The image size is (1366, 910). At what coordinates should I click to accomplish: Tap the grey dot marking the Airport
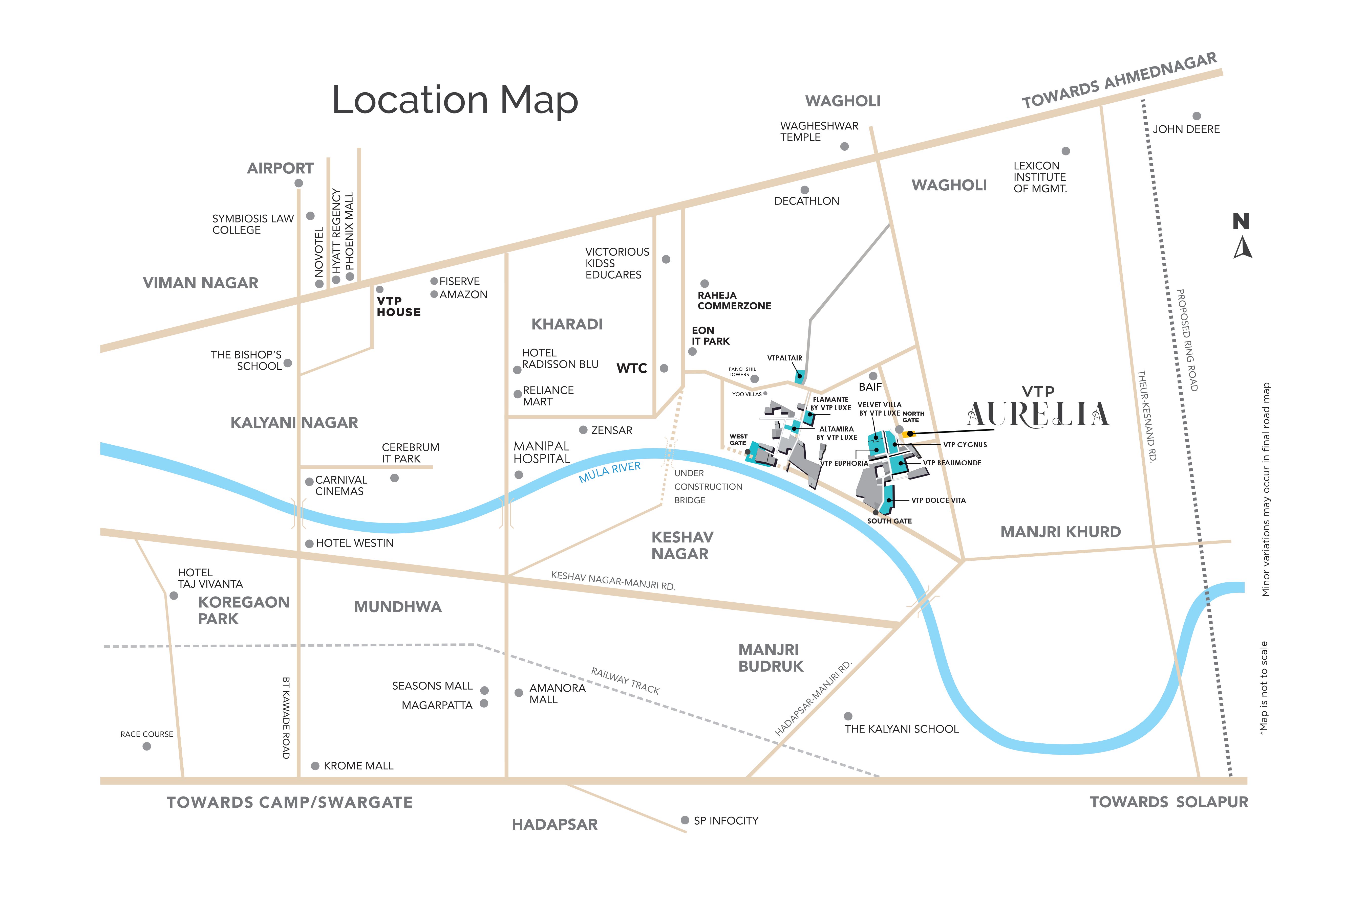[298, 184]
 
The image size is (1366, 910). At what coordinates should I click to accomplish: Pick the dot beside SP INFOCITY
[685, 820]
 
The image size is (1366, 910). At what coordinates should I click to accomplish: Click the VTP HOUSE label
[398, 306]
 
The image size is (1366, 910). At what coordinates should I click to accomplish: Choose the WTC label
[631, 369]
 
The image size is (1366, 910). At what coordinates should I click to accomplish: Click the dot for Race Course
[147, 746]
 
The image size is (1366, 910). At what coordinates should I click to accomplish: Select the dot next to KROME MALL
[315, 766]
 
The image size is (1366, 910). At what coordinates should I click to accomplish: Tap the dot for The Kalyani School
[848, 716]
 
